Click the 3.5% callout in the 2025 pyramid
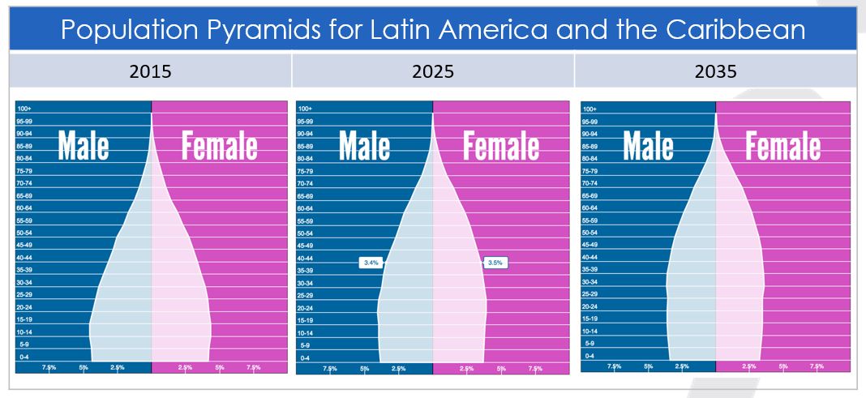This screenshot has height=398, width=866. coord(495,263)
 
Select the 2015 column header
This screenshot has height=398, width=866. coord(150,71)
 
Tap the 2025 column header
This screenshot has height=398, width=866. coord(433,71)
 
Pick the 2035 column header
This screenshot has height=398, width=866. coord(715,71)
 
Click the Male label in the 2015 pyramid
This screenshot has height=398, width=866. coord(84,147)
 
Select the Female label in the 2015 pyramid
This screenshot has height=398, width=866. coord(219,147)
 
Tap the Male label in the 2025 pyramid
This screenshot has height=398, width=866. coord(364,147)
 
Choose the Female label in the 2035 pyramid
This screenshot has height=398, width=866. coord(782,147)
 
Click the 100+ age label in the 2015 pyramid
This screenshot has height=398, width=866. coord(24,109)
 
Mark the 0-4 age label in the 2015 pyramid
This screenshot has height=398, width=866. coord(23,357)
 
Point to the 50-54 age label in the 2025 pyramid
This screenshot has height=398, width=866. coord(306,233)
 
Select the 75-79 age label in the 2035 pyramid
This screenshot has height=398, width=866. coord(589,171)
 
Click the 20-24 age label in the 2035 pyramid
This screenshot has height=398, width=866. coord(589,306)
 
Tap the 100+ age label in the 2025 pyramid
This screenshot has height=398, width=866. coord(305,109)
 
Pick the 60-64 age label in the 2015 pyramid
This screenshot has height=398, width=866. coord(24,208)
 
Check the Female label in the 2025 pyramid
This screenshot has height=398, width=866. coord(500,147)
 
